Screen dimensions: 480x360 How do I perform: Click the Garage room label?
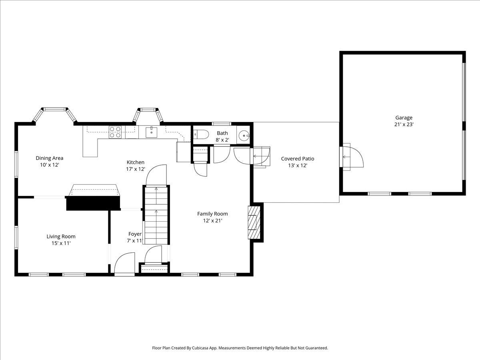point(404,118)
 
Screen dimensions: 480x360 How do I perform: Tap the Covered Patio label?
point(298,159)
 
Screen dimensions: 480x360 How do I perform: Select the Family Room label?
point(212,214)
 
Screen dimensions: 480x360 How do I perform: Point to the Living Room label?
point(61,236)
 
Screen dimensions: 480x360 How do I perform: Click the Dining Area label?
point(50,158)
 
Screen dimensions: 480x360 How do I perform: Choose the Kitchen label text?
point(136,162)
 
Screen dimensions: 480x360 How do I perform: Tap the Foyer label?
point(135,234)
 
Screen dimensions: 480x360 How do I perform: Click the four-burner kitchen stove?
point(115,132)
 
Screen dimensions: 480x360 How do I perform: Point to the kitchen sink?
point(152,132)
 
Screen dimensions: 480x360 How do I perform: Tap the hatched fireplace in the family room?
point(254,222)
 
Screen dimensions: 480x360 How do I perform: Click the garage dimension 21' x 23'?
point(404,124)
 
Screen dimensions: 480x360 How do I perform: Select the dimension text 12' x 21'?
point(212,220)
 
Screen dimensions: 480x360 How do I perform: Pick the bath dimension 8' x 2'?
point(222,140)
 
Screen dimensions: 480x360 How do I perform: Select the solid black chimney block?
point(93,203)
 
